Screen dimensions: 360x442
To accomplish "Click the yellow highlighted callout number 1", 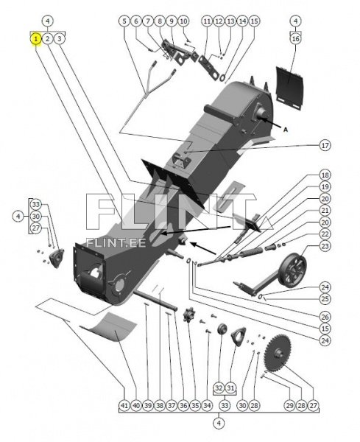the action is tap(36, 38).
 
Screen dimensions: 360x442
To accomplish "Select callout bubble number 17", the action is tap(325, 145).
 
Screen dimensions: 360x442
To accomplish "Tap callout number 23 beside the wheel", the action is tap(325, 246).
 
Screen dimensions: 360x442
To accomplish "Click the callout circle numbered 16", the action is tap(295, 38).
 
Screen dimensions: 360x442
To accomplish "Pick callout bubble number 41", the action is tap(124, 405).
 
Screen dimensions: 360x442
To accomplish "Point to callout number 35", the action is tap(195, 405).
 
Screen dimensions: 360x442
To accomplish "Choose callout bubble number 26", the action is tap(325, 317).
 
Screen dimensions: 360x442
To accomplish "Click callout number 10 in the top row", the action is tap(183, 21).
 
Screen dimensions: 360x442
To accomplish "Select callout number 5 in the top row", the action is tap(124, 21).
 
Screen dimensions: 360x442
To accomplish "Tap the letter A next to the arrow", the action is tap(286, 130).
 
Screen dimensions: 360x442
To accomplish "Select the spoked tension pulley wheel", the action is tap(293, 269).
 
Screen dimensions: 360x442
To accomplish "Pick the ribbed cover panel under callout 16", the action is tap(289, 88).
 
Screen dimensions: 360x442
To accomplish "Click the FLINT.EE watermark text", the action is tap(116, 242).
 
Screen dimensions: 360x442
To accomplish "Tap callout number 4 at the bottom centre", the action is tap(219, 423).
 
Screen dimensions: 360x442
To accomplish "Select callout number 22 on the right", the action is tap(325, 234).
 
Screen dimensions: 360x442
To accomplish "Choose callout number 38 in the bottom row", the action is tap(160, 405).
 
